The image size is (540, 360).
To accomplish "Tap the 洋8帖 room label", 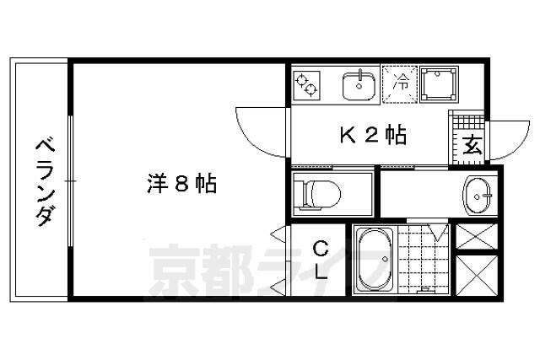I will pos(182,182).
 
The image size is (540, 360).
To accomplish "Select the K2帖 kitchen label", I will pos(373,135).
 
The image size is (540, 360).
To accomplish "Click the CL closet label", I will pos(321,260).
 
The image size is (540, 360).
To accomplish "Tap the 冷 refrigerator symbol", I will pos(402,83).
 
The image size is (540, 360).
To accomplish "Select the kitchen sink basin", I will pos(359,84).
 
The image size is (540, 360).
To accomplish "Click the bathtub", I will pos(372,259).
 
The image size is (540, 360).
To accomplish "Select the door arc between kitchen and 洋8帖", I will pos(262,135).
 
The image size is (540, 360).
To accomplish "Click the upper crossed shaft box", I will pos(476,235).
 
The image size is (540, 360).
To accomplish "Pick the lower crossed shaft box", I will pos(476,275).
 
